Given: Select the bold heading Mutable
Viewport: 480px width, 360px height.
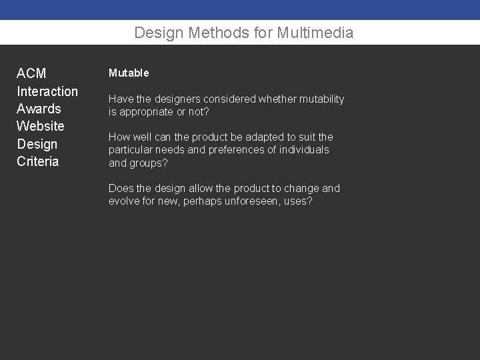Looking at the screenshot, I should click(129, 73).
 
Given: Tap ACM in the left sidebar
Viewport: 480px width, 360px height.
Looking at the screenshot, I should click(31, 73).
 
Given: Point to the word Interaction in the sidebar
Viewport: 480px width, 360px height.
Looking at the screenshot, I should click(47, 91).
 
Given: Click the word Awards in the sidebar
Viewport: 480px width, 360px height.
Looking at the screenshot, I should click(39, 109).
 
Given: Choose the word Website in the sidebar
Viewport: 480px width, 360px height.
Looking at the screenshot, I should click(41, 126).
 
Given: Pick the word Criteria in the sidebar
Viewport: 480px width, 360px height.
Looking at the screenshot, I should click(38, 161).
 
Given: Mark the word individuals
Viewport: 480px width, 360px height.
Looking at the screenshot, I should click(304, 150).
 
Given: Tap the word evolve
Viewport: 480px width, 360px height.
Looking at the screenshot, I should click(123, 201).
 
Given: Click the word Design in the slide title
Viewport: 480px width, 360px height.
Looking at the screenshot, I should click(155, 33).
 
